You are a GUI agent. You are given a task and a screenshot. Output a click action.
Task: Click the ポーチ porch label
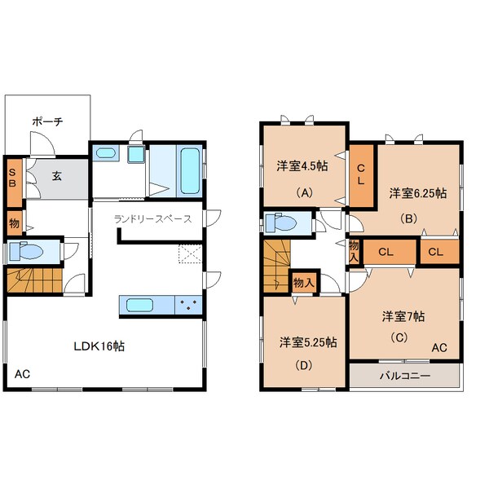(47, 121)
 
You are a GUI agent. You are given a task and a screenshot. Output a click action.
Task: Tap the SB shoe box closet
(15, 183)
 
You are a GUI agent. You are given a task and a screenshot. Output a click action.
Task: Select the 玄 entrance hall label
(56, 176)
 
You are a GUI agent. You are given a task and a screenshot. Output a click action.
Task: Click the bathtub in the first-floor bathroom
(190, 171)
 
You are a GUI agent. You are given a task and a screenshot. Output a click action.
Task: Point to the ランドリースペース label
(153, 219)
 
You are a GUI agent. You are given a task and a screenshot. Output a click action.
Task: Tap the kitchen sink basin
(139, 305)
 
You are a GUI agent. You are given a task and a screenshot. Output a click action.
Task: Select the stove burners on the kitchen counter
(188, 305)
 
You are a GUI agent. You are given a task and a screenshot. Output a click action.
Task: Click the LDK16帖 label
(99, 346)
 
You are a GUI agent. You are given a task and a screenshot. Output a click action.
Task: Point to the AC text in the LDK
(23, 374)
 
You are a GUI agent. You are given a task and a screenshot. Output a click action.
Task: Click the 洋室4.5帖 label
(302, 166)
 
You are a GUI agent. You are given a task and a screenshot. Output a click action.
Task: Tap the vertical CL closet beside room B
(361, 175)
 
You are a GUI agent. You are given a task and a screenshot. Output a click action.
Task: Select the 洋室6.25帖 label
(418, 193)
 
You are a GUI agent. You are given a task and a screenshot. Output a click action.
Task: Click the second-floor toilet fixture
(280, 223)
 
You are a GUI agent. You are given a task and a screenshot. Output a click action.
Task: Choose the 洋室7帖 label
(403, 316)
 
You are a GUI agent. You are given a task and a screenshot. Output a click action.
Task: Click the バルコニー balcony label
(405, 376)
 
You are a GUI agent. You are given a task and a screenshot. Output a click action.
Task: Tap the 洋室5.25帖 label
(308, 342)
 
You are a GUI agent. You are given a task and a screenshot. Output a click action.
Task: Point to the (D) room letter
(303, 365)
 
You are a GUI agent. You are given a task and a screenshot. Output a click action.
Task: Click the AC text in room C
(439, 348)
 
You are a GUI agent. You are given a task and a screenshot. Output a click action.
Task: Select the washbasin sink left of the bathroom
(106, 153)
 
